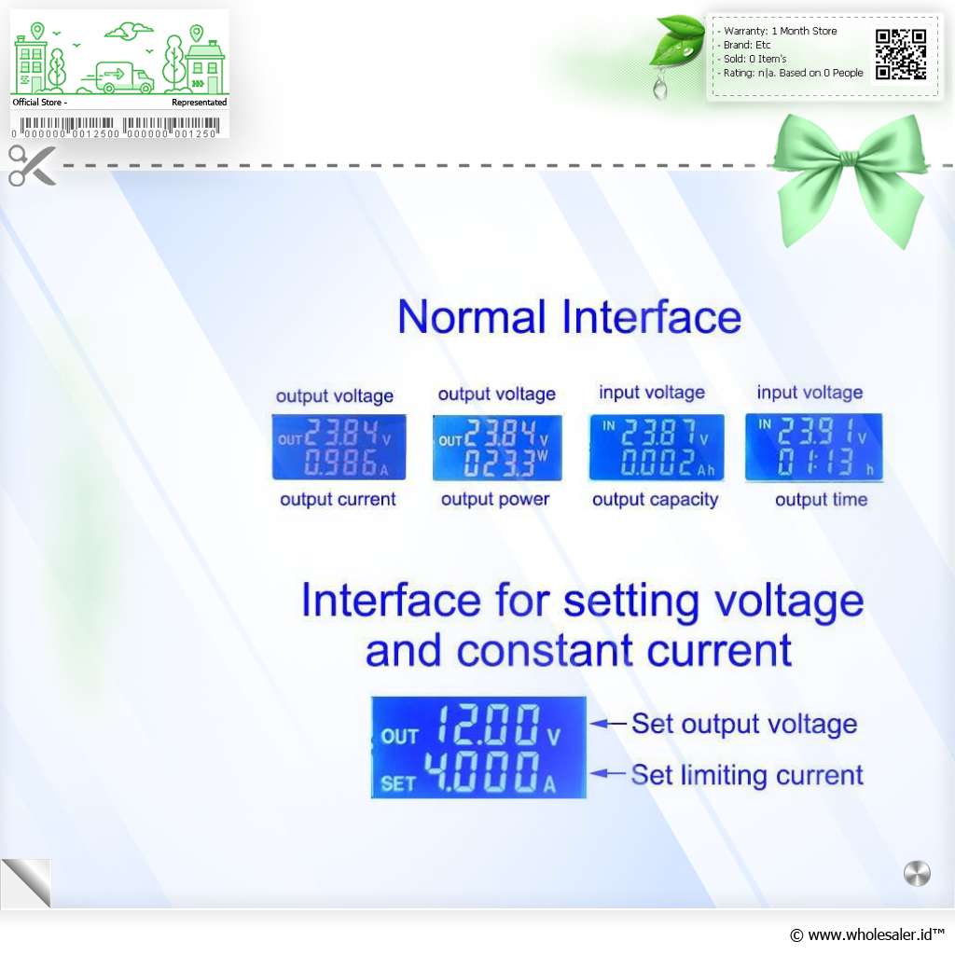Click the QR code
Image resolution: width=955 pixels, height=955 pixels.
[901, 55]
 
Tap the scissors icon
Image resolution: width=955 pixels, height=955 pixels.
[33, 165]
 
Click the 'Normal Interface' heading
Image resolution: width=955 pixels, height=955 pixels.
[570, 317]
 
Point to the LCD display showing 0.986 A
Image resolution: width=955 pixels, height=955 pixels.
[339, 447]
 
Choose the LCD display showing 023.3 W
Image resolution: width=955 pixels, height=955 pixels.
[497, 448]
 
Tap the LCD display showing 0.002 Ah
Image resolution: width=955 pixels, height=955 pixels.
[657, 447]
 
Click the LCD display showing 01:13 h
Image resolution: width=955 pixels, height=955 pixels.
[813, 448]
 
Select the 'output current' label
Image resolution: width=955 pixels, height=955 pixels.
[338, 500]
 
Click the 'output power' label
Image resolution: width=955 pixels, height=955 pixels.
[495, 500]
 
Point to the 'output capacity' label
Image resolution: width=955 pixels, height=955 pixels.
[656, 500]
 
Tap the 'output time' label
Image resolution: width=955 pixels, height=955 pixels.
[821, 500]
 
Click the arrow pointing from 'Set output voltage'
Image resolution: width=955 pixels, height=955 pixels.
[608, 724]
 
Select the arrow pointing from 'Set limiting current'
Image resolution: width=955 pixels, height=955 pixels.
[608, 773]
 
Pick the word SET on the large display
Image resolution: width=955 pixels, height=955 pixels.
[398, 783]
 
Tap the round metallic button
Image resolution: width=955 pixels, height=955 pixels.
[918, 873]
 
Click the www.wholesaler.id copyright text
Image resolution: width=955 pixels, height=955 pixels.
[867, 934]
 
